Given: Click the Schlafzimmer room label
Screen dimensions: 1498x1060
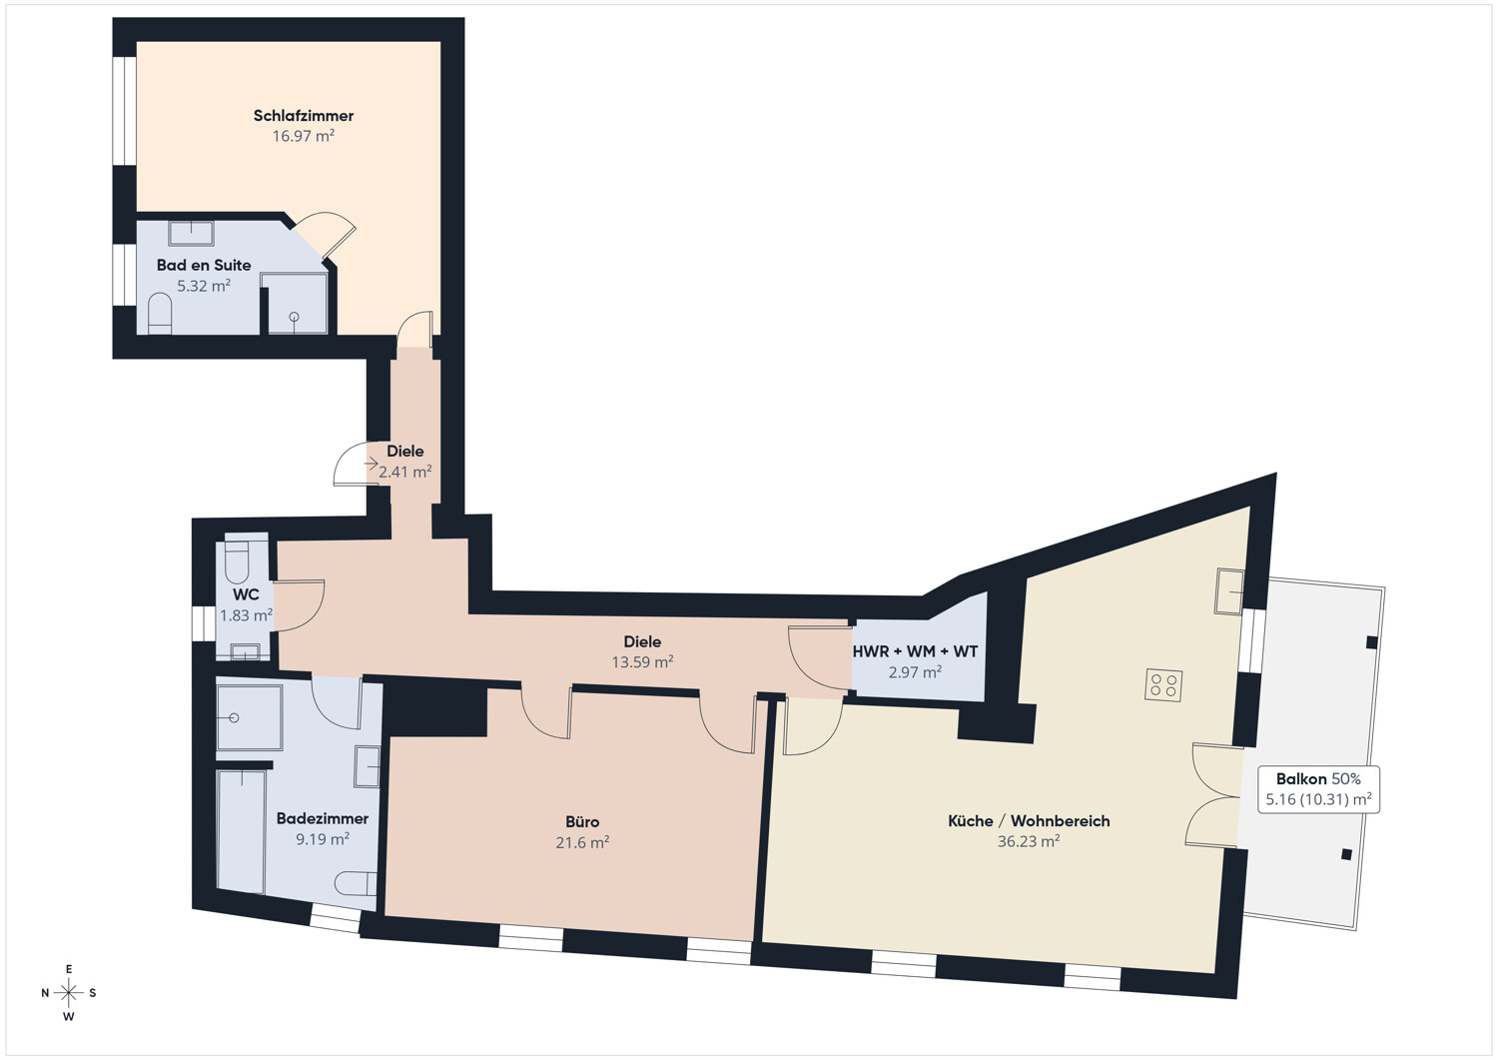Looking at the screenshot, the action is coord(304,116).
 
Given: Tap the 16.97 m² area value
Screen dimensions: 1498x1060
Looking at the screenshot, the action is coord(304,136).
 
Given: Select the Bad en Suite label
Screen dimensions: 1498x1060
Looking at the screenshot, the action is coord(204,265).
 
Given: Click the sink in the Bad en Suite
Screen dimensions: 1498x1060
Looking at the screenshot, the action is coord(192,234).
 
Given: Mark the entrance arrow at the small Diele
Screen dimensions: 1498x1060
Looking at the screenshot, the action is coord(372,464).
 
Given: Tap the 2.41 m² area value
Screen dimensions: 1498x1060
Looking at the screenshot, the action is coord(405,472).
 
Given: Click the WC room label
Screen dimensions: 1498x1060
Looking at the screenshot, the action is coord(246,594).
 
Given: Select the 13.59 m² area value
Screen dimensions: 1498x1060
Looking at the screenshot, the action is coord(642,661).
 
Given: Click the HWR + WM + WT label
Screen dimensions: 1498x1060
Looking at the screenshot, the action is coord(915,651).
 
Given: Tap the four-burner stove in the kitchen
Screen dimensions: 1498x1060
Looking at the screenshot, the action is coord(1163,685).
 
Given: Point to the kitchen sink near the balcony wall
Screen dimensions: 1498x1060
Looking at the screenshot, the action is coord(1229,591).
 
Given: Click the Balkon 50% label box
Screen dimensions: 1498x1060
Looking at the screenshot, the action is coord(1319,789).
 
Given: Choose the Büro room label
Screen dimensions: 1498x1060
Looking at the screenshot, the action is coord(582,822).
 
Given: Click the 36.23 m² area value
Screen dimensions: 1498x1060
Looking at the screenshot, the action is coord(1029,841).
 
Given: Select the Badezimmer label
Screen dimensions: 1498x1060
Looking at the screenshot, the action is coord(323,818).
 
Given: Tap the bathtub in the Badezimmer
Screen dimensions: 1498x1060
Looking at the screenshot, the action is coord(242,831).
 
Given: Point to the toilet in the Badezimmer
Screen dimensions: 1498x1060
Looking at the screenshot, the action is coord(356,883).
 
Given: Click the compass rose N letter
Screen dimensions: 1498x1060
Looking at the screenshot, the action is coord(46,993).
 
